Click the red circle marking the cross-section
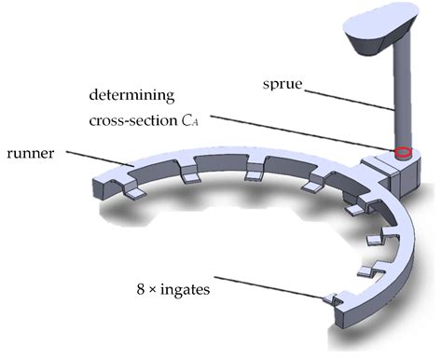pos(402,152)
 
